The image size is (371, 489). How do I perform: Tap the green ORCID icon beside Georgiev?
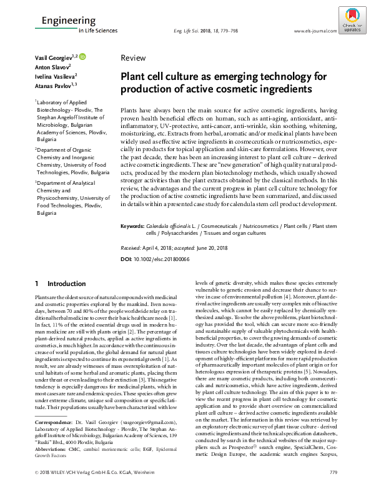click(82, 57)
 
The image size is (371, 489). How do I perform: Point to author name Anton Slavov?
click(51, 67)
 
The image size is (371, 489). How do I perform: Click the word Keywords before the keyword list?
click(132, 224)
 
